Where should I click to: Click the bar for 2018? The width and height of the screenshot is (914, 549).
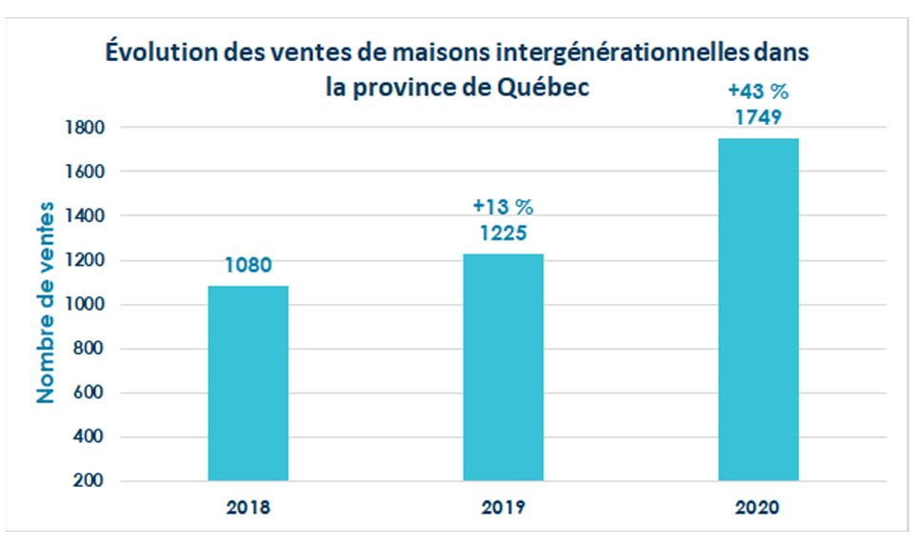(x=248, y=383)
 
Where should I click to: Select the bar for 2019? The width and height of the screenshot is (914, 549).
(x=503, y=367)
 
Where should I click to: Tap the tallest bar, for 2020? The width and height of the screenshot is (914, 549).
(x=758, y=310)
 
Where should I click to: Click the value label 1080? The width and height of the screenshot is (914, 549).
(x=248, y=265)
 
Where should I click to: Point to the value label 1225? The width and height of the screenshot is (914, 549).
(x=503, y=234)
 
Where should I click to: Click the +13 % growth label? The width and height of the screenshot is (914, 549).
(x=503, y=206)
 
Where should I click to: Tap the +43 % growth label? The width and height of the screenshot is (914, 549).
(x=758, y=92)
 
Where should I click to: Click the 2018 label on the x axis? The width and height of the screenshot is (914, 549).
(x=248, y=508)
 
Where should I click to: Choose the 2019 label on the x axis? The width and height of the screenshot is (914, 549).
(x=503, y=508)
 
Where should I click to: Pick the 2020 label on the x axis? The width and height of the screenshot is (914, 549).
(x=758, y=508)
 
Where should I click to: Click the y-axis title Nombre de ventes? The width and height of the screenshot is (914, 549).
(x=45, y=303)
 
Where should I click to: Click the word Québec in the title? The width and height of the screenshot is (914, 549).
(x=544, y=87)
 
